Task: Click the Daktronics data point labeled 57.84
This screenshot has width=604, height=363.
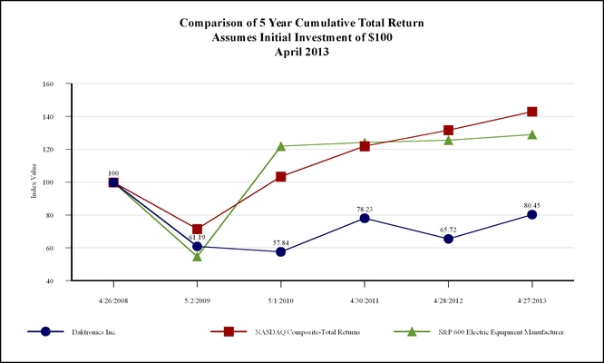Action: click(281, 251)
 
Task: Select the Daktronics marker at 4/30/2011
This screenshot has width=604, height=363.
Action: click(365, 218)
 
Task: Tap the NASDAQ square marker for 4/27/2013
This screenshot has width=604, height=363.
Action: click(532, 112)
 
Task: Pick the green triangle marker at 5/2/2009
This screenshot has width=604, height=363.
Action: click(198, 256)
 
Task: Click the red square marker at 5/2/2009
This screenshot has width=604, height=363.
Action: click(198, 229)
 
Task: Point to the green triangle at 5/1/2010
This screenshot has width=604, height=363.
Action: click(281, 146)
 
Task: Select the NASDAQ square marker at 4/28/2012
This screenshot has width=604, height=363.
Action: click(449, 130)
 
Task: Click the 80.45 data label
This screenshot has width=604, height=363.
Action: click(532, 204)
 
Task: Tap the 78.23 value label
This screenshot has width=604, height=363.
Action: click(365, 208)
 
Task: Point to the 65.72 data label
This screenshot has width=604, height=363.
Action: click(449, 230)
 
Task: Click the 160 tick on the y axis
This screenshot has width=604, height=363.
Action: click(48, 83)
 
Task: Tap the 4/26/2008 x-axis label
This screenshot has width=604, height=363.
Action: click(113, 298)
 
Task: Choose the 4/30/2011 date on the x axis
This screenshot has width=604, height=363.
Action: click(365, 298)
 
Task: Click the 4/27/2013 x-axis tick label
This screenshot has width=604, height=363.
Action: click(532, 298)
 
